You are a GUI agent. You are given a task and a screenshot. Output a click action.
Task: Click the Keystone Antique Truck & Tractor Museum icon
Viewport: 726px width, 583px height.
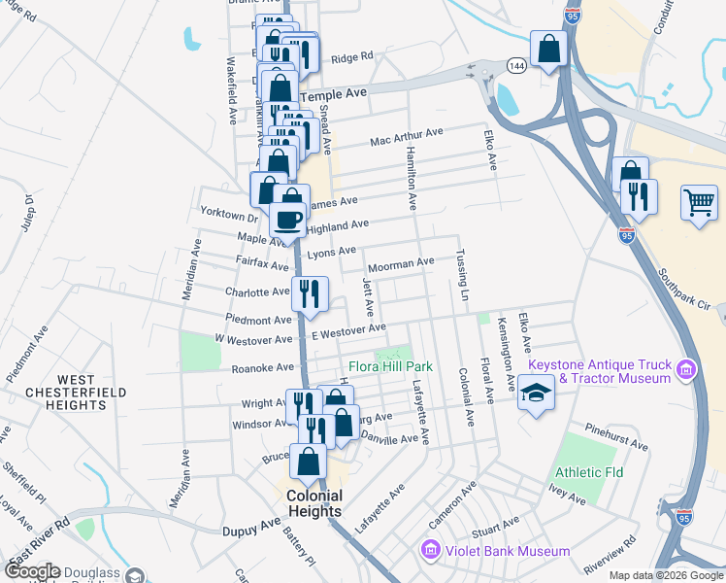pyautogui.click(x=686, y=369)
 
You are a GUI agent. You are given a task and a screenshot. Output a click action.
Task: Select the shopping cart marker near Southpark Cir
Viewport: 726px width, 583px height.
pyautogui.click(x=699, y=203)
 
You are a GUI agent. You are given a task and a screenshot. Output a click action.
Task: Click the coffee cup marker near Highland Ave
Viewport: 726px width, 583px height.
pyautogui.click(x=287, y=220)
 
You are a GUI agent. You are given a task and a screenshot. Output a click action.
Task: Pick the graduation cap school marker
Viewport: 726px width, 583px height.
pyautogui.click(x=535, y=394)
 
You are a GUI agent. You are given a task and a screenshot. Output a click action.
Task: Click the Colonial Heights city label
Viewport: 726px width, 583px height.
pyautogui.click(x=313, y=503)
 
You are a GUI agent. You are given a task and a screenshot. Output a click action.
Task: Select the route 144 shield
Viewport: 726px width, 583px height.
pyautogui.click(x=516, y=65)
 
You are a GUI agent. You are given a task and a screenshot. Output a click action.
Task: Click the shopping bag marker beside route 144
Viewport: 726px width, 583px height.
pyautogui.click(x=548, y=48)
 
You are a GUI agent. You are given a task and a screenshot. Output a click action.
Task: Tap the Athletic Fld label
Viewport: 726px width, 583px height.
pyautogui.click(x=589, y=472)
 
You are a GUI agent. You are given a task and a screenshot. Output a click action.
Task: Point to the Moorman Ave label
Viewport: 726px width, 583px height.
pyautogui.click(x=399, y=263)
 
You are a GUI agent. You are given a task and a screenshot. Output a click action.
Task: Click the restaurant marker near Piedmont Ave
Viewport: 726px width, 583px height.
pyautogui.click(x=310, y=293)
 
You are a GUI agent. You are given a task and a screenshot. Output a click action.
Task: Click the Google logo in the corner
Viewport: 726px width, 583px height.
pyautogui.click(x=32, y=572)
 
